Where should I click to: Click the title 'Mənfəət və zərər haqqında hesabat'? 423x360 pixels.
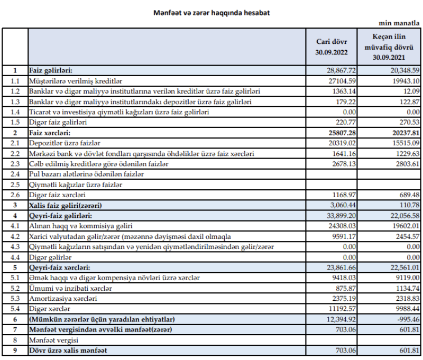coord(212,12)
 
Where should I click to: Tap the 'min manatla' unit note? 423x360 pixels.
coord(401,24)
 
